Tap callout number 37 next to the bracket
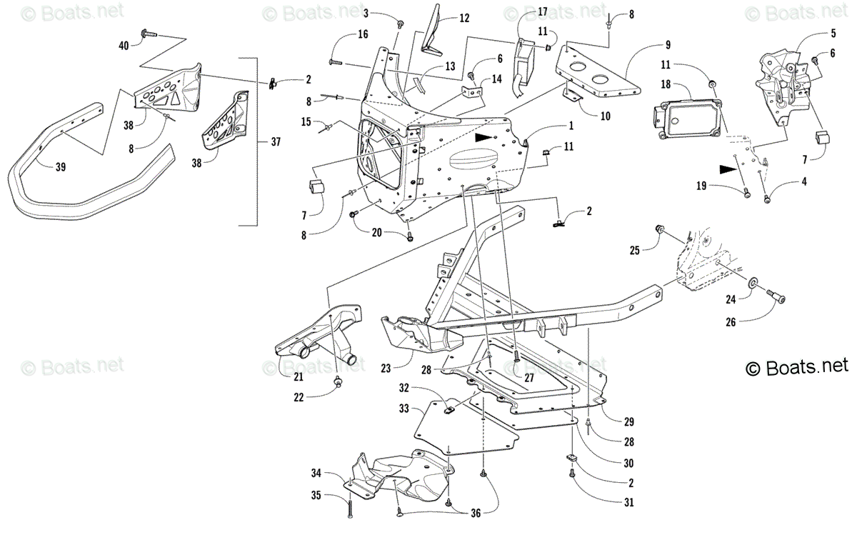(x=276, y=142)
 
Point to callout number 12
(x=464, y=18)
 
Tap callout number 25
(x=634, y=249)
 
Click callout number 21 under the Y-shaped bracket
(x=298, y=376)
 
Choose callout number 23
(x=386, y=369)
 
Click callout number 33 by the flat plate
(x=404, y=409)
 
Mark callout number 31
(x=628, y=502)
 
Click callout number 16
(x=363, y=34)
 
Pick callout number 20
(x=377, y=232)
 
